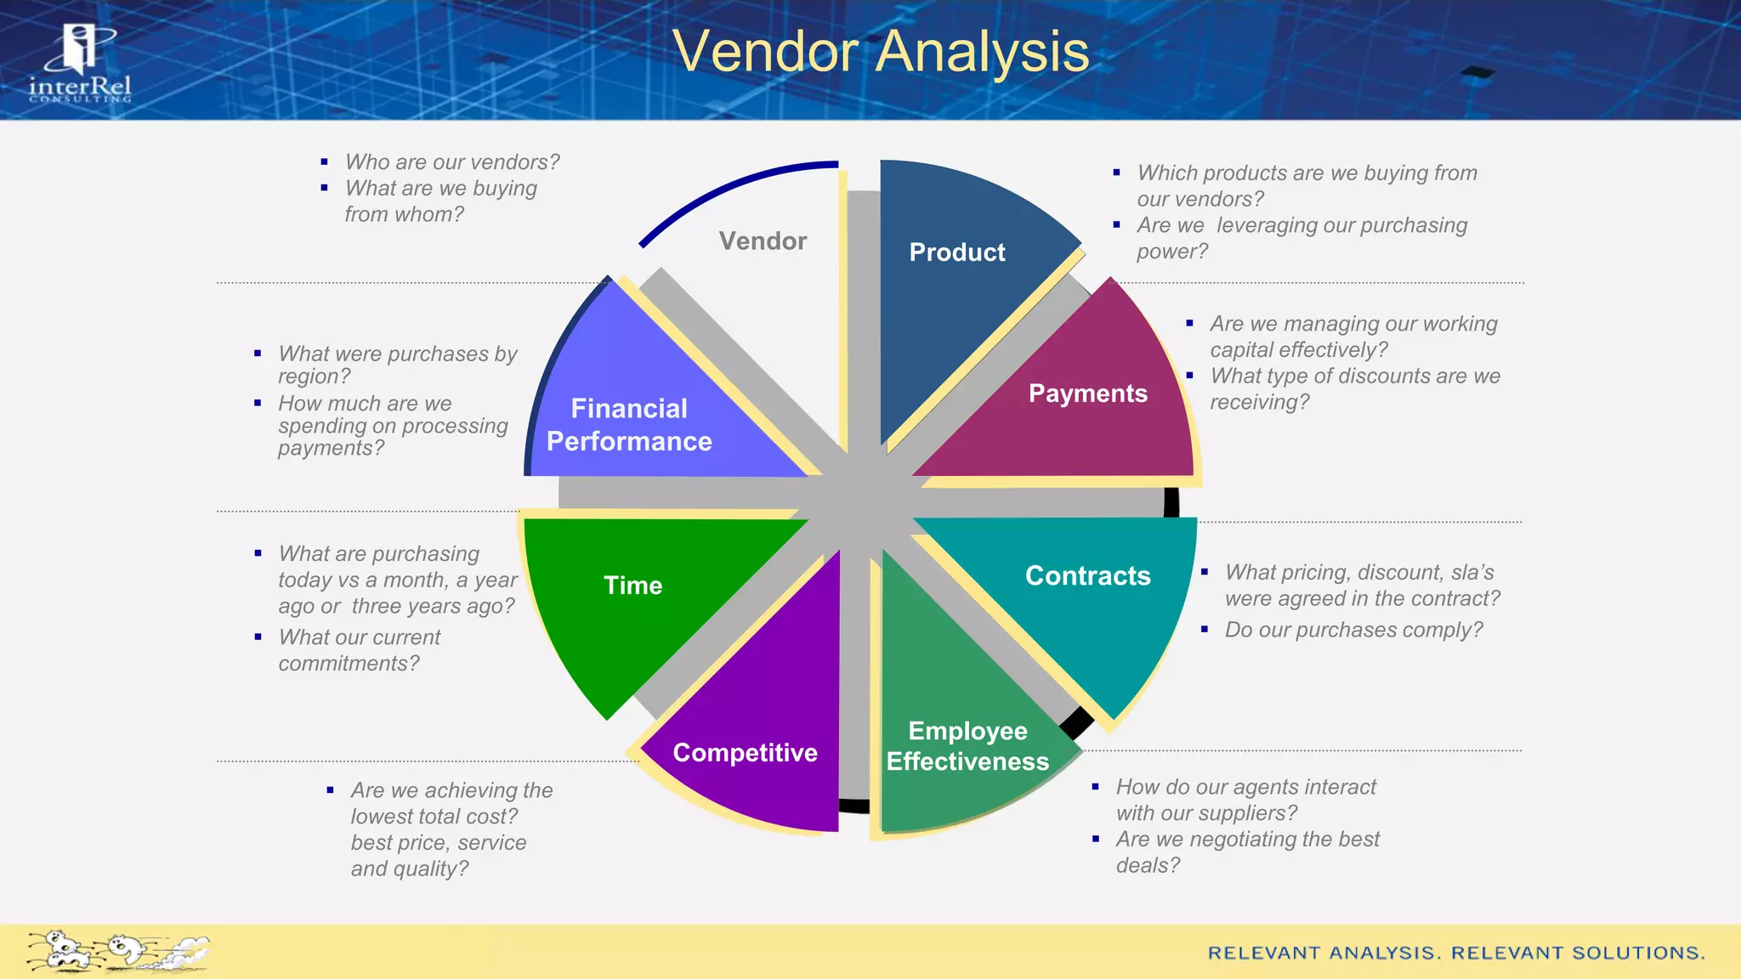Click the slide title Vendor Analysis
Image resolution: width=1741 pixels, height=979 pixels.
tap(880, 52)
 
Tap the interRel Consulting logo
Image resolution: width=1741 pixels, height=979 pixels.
tap(80, 65)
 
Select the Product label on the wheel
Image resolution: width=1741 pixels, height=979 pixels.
tap(956, 252)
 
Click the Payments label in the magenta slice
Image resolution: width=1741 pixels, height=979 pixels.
tap(1087, 393)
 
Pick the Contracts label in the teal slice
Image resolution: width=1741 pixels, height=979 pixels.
tap(1087, 576)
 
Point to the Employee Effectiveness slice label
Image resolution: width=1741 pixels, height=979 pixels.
tap(967, 746)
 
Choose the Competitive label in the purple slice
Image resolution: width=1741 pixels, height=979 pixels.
tap(745, 753)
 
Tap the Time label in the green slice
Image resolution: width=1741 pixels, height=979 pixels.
tap(632, 586)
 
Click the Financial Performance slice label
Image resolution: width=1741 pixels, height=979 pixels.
tap(629, 425)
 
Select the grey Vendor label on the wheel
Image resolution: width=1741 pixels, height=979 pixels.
tap(763, 241)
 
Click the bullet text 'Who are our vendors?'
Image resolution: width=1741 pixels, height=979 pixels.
tap(452, 162)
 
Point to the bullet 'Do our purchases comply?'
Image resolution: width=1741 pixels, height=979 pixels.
tap(1353, 630)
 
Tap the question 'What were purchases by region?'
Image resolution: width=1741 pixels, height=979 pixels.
tap(397, 365)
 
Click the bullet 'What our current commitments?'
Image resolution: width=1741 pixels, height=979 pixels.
tap(359, 650)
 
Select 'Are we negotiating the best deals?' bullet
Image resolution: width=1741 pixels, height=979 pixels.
tap(1247, 852)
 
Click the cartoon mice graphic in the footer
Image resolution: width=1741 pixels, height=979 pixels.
tap(117, 951)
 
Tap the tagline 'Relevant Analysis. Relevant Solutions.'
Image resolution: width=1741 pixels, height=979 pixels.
tap(1456, 953)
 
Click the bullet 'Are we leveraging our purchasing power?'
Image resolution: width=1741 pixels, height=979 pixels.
tap(1301, 238)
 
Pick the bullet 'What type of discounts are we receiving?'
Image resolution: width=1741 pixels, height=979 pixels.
tap(1354, 388)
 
